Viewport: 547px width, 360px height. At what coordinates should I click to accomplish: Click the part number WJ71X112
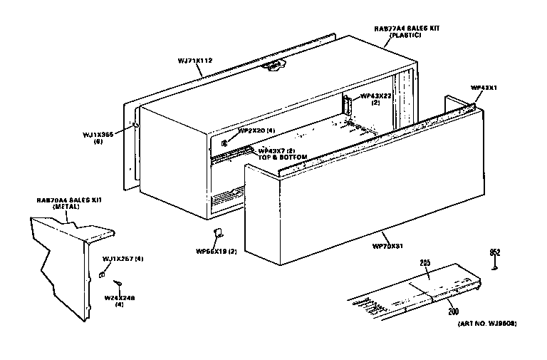(194, 61)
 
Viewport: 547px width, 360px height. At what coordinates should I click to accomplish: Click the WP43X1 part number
(484, 88)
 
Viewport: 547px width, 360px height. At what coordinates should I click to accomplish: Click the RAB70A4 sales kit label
(69, 200)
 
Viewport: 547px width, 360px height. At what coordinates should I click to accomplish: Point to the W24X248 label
(119, 297)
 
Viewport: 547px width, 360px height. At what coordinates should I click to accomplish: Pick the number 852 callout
(494, 252)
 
